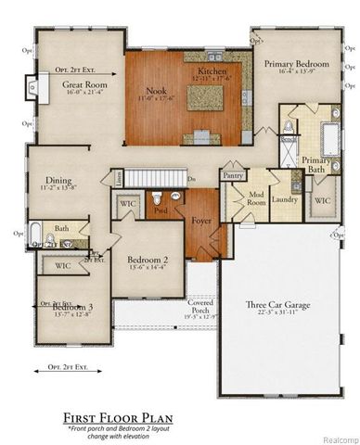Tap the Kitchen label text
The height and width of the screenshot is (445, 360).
click(212, 71)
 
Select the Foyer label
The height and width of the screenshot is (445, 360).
click(201, 221)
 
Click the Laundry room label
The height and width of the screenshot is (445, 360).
click(284, 198)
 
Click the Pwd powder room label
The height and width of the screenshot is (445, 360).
click(161, 210)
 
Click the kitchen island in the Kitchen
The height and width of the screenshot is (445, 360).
click(210, 95)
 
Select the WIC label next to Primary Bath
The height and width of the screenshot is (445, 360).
click(321, 199)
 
